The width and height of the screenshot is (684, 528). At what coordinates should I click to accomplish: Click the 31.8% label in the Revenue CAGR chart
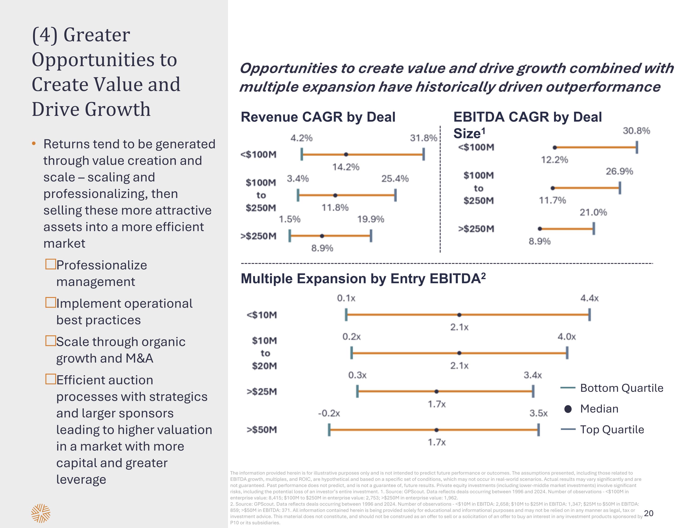(x=423, y=138)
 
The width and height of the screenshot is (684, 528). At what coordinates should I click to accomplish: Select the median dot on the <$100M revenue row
(x=346, y=154)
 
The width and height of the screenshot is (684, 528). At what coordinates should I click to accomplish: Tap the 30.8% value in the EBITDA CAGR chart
(x=636, y=131)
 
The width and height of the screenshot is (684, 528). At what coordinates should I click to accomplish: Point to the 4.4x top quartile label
(x=589, y=298)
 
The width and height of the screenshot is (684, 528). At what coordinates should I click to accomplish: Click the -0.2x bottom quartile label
(x=329, y=413)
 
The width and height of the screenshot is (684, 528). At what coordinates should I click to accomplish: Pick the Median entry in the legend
(x=599, y=409)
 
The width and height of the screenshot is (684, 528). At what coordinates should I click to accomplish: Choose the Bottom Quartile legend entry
(x=621, y=388)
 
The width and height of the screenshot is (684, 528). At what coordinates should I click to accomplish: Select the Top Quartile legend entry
(x=612, y=430)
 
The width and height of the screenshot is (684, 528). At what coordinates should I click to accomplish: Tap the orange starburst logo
(x=41, y=513)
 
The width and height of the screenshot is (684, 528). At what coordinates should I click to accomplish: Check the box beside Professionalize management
(x=50, y=264)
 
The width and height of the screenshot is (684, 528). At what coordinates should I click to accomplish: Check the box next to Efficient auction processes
(x=50, y=379)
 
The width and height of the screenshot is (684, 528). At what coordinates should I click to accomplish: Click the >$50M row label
(x=262, y=430)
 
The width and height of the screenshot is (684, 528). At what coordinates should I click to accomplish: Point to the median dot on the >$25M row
(x=437, y=391)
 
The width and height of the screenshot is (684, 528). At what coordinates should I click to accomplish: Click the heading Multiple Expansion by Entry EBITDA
(x=363, y=278)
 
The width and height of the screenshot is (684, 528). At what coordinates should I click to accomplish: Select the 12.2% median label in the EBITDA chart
(x=554, y=160)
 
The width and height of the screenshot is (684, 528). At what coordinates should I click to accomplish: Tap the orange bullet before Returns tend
(x=34, y=144)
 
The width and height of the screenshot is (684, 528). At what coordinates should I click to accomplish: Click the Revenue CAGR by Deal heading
(x=318, y=117)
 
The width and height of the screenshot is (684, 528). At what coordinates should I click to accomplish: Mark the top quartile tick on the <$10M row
(x=589, y=315)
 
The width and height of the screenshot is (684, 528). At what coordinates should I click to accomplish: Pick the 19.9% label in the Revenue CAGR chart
(x=370, y=219)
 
